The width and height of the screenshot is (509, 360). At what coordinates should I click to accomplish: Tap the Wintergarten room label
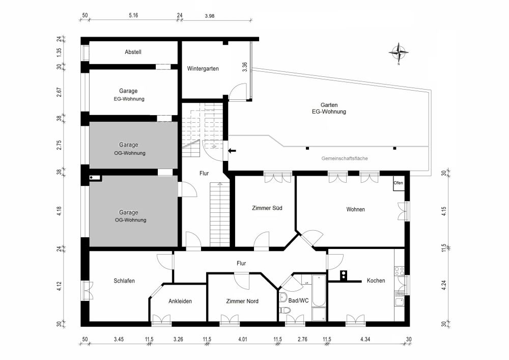203,68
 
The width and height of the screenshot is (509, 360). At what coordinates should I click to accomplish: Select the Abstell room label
133,52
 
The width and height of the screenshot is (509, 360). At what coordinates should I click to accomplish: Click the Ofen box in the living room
398,183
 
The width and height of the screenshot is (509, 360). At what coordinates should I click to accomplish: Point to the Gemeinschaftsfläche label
345,158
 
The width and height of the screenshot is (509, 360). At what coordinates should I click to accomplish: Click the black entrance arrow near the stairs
232,150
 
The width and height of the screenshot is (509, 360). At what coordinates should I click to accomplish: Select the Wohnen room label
355,209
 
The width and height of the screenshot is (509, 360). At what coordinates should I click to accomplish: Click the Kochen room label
376,281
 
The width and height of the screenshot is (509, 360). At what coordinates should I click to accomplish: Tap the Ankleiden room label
180,301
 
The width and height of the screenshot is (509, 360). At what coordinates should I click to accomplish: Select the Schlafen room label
124,281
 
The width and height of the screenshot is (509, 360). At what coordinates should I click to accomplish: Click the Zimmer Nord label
242,301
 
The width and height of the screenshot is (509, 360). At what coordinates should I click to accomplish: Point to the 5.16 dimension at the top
133,15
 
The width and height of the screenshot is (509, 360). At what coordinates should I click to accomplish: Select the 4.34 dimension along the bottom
365,339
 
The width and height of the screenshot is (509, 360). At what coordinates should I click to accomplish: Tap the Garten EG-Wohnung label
329,108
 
